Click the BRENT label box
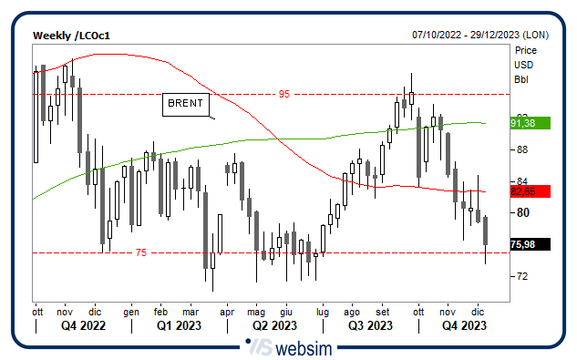(186, 104)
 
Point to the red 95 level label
(283, 94)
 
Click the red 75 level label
(140, 252)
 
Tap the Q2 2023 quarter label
(274, 325)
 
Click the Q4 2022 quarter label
(83, 325)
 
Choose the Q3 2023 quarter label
(369, 325)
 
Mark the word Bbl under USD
(521, 79)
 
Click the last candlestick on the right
(486, 231)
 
